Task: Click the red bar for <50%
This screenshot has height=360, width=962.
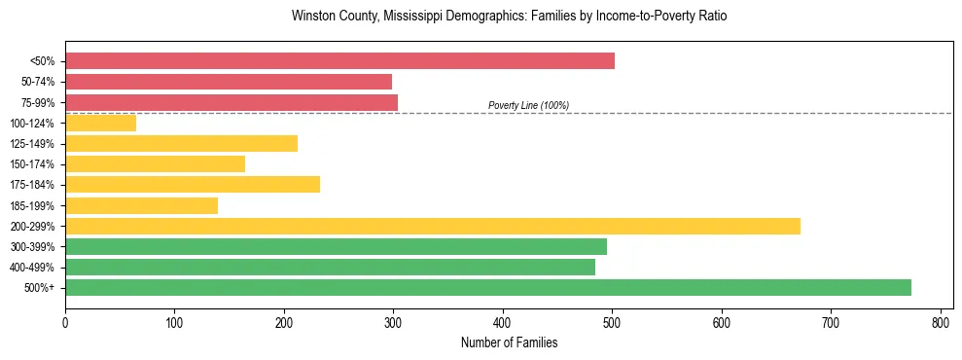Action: click(339, 61)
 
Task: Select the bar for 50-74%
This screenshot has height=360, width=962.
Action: click(229, 82)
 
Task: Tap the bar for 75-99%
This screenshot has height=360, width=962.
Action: click(232, 102)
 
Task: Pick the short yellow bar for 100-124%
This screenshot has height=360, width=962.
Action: click(100, 123)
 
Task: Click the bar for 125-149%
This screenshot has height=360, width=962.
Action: click(181, 144)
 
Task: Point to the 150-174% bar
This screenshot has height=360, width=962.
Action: click(155, 164)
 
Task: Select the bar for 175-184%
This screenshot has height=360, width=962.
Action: click(193, 185)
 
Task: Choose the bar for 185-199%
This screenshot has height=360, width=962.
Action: click(141, 205)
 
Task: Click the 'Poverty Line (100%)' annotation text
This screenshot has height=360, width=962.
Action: click(528, 105)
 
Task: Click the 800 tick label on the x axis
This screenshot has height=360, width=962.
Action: click(941, 322)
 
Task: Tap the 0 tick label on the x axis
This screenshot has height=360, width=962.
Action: click(65, 322)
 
